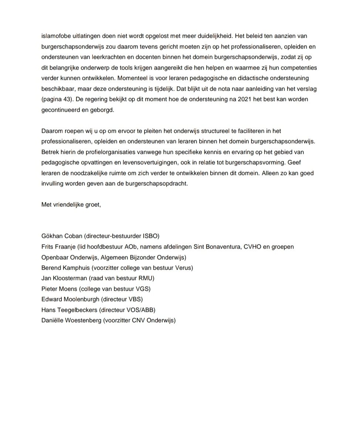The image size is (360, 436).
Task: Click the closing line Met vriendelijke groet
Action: coord(71,205)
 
